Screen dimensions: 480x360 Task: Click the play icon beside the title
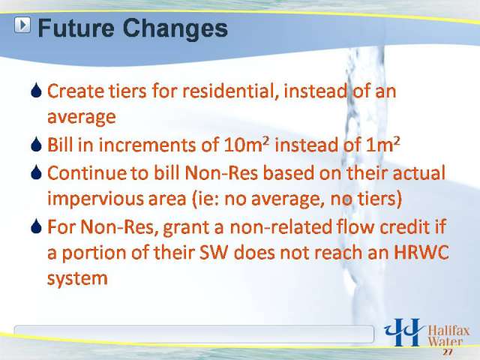[x=22, y=25]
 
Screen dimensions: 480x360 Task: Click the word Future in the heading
[x=76, y=28]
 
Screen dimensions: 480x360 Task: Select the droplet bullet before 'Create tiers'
[x=36, y=91]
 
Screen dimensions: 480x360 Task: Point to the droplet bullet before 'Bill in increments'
[x=36, y=144]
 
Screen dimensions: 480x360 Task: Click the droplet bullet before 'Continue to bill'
[x=36, y=172]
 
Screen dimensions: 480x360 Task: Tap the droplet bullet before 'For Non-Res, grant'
[x=36, y=226]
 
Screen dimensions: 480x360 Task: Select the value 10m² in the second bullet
[x=247, y=145]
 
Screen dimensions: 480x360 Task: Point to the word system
[x=77, y=279]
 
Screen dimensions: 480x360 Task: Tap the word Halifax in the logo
[x=448, y=331]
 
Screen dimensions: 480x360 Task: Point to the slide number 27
[x=447, y=352]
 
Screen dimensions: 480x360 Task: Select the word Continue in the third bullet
[x=87, y=173]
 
